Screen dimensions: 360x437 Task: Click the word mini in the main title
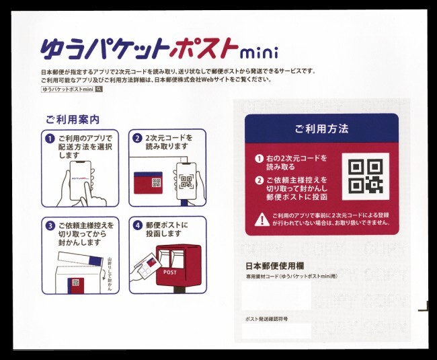260,52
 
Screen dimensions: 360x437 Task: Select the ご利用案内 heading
73,119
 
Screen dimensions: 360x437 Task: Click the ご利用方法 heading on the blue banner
321,128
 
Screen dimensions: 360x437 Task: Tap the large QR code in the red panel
365,176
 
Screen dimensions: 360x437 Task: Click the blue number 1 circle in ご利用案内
49,139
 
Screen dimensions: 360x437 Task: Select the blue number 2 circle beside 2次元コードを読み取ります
137,139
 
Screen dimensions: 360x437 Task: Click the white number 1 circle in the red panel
259,159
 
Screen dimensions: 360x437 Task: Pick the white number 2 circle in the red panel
259,180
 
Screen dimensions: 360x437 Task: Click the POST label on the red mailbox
170,272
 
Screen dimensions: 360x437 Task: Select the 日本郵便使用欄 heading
272,265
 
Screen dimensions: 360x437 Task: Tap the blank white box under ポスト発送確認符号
276,330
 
